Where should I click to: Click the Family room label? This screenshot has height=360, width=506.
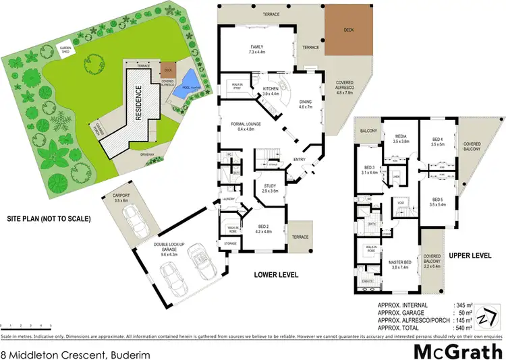pyautogui.click(x=259, y=49)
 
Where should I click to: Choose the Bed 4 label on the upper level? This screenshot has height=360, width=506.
pyautogui.click(x=438, y=142)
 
